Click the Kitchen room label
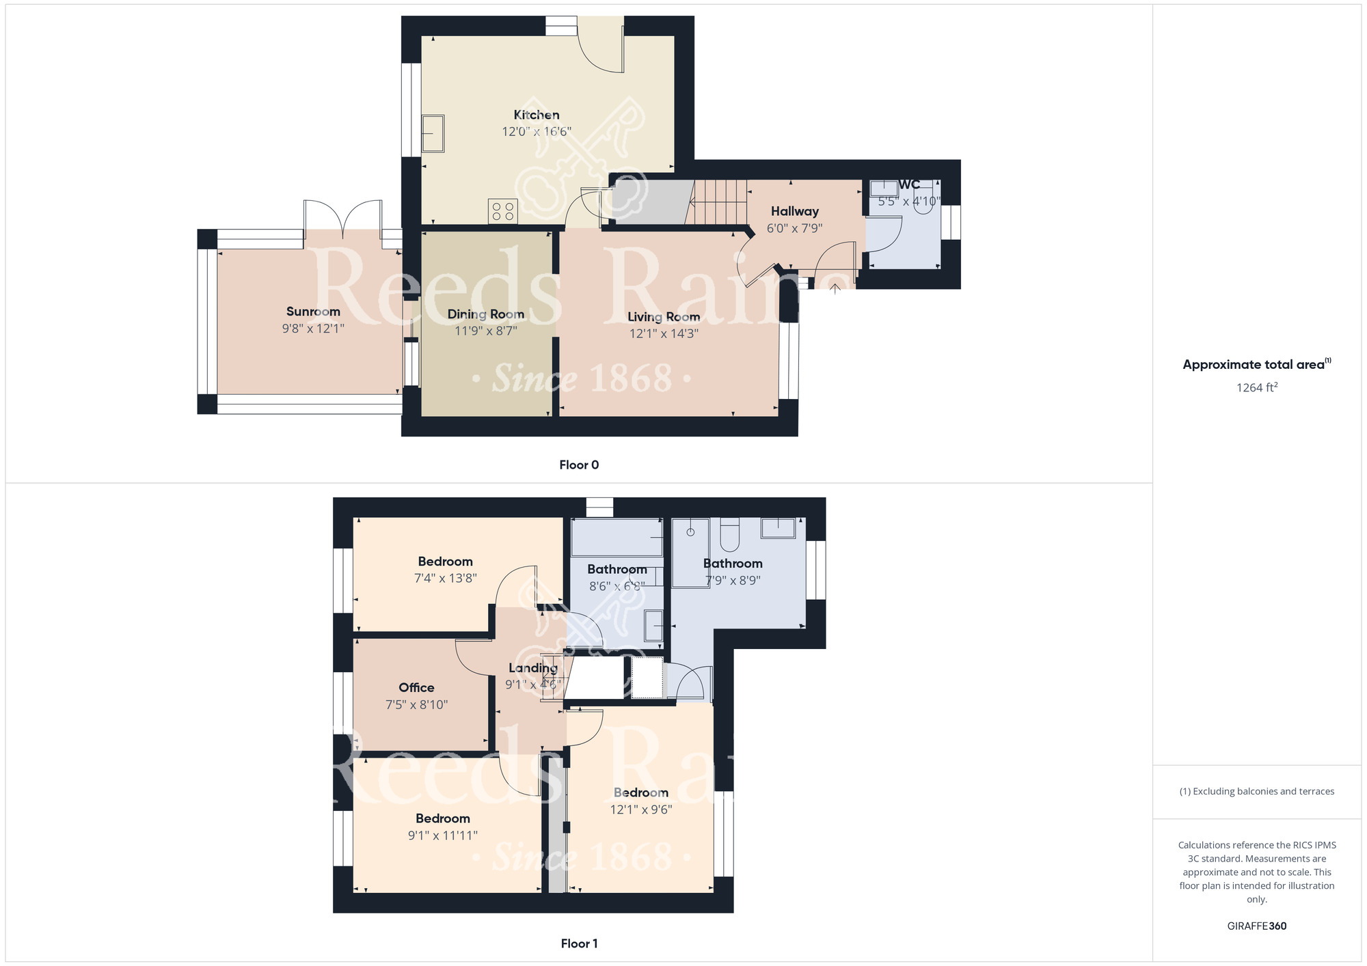537,115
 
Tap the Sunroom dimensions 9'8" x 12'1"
313,329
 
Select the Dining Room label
485,314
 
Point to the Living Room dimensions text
664,333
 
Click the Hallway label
794,211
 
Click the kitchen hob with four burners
503,211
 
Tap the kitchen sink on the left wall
433,133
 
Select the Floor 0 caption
579,465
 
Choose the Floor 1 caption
579,943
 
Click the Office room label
416,687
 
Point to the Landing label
533,667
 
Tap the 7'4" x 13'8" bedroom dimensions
445,578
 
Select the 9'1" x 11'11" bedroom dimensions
442,835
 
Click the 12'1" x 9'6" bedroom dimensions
640,810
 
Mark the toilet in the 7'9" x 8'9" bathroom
729,534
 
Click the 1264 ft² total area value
1256,387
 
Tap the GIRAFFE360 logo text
1256,926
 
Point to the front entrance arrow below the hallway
835,289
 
